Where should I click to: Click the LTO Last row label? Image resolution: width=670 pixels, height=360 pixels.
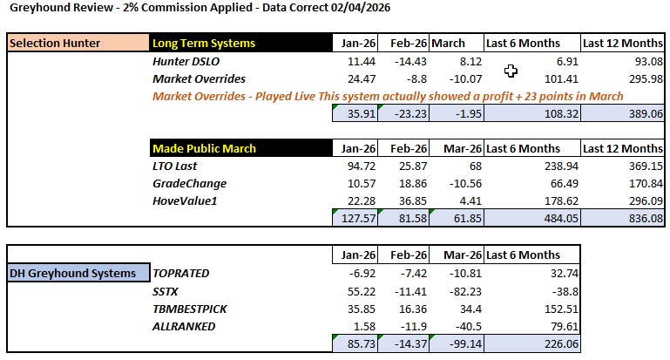(175, 166)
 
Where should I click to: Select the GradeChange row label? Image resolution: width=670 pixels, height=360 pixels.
(189, 183)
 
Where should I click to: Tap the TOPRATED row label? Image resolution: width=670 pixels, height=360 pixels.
(181, 273)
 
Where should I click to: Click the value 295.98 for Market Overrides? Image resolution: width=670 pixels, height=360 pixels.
(643, 79)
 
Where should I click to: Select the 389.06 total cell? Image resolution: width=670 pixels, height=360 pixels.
(643, 114)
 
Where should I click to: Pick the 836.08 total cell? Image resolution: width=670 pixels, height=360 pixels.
(643, 219)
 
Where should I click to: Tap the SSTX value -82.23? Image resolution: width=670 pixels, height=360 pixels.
(461, 290)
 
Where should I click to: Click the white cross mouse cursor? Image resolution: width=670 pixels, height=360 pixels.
(511, 71)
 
